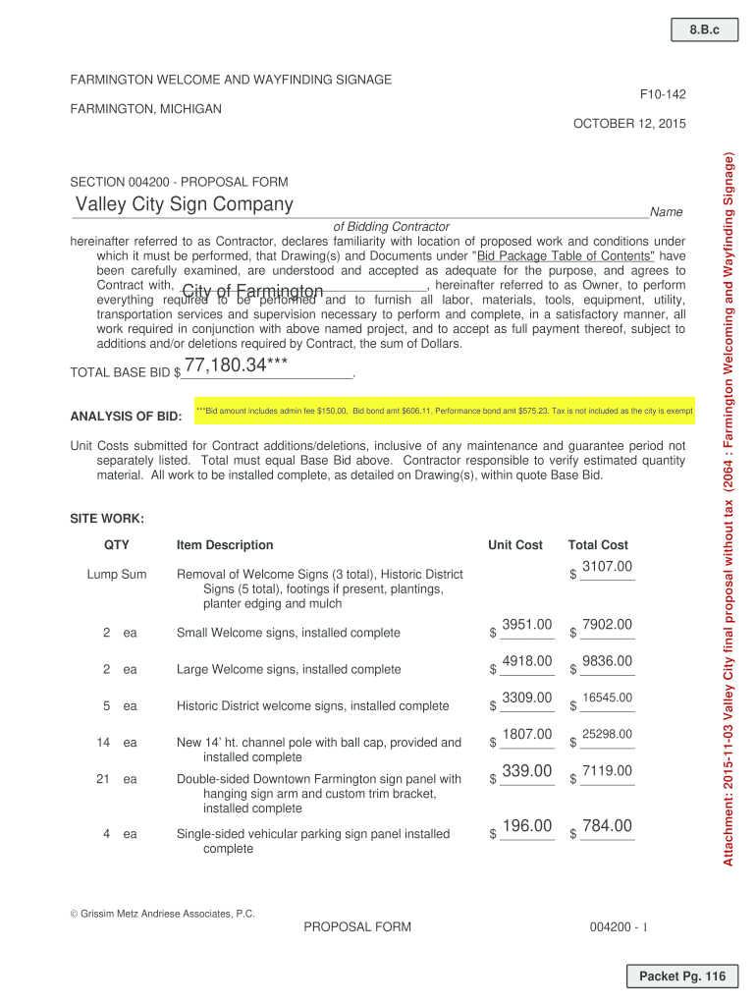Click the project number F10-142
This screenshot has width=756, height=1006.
663,94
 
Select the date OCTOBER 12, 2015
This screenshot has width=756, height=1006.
628,124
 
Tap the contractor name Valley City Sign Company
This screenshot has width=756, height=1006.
186,204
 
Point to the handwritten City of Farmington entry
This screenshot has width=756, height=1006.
252,292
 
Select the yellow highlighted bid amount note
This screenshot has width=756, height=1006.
444,411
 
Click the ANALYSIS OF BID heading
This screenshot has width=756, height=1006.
126,417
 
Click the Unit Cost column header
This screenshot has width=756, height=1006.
514,545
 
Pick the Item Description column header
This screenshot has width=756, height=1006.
225,545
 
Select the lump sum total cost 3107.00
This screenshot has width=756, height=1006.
607,566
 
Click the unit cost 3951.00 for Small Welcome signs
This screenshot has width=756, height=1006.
527,625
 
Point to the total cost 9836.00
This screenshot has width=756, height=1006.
607,661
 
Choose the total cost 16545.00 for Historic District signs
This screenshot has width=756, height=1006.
607,699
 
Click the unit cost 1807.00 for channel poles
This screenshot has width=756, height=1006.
527,734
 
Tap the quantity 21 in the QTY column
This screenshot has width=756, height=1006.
104,779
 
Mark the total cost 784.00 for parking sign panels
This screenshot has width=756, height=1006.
607,826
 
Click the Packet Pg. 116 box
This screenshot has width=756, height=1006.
681,977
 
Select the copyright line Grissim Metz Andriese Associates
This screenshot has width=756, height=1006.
162,914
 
